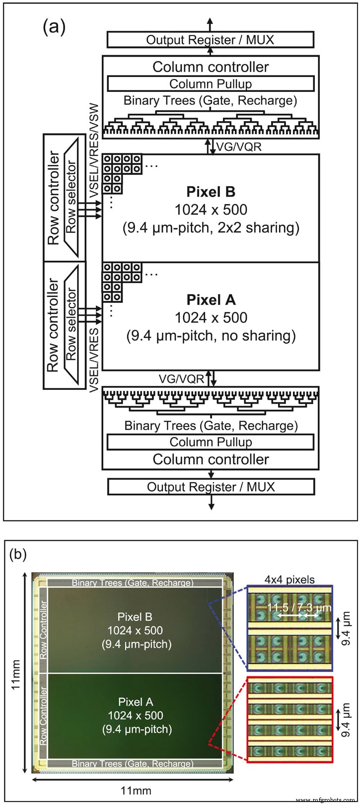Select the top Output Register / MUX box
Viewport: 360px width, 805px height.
(x=210, y=40)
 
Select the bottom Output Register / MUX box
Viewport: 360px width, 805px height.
(x=211, y=486)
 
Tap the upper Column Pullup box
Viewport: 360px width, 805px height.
(x=210, y=83)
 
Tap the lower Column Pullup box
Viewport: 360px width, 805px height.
(x=210, y=442)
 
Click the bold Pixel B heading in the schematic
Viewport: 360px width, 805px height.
(x=211, y=192)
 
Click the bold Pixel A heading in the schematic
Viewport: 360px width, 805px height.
(x=211, y=300)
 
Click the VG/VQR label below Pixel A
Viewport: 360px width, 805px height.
(x=181, y=379)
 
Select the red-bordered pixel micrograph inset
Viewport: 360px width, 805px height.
(x=290, y=719)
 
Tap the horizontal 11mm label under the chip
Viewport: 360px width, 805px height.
(x=137, y=791)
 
